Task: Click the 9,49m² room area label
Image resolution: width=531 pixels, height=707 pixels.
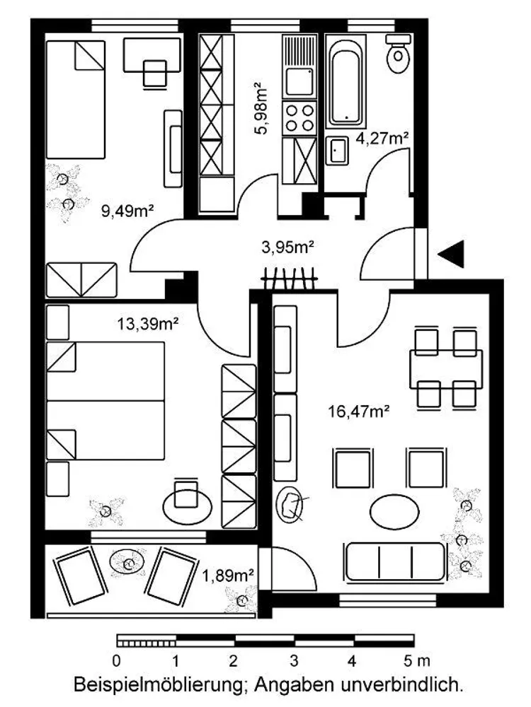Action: (127, 211)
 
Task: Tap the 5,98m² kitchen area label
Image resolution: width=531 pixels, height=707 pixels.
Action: (261, 108)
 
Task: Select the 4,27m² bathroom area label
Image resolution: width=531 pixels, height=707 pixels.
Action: (382, 138)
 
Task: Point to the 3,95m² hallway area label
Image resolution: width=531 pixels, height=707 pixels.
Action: (288, 247)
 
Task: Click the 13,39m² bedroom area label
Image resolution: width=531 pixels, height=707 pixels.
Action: (148, 323)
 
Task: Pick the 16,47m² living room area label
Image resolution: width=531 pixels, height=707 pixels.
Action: (359, 411)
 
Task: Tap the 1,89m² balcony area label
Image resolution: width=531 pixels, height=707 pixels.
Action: (228, 575)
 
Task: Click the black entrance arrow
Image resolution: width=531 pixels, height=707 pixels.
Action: (452, 254)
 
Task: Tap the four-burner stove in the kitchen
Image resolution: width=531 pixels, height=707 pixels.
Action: (299, 117)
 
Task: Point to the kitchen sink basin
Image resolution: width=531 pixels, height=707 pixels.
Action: (299, 82)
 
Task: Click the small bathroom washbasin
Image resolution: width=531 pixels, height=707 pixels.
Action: (337, 150)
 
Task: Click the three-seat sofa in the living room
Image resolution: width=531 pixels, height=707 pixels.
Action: (395, 562)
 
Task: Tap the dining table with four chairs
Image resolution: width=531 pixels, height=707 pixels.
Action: (445, 369)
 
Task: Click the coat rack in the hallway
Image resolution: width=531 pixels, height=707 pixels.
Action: (290, 278)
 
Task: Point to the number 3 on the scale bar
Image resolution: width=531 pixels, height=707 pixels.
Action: (294, 662)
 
